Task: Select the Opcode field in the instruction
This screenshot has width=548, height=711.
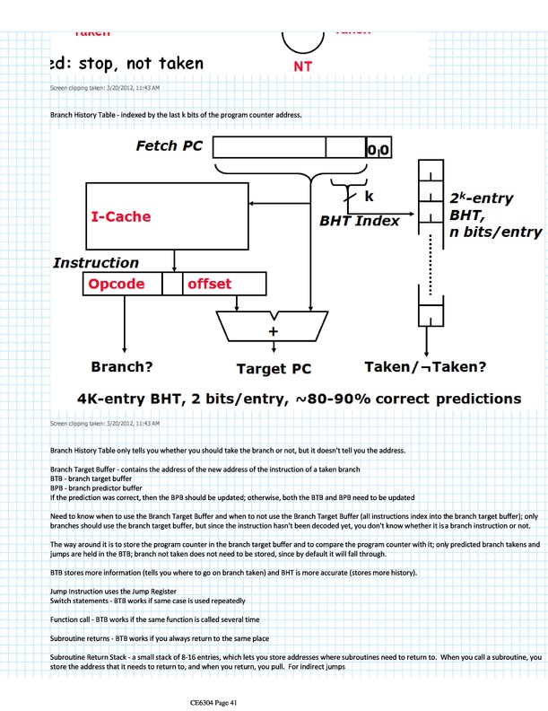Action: (121, 285)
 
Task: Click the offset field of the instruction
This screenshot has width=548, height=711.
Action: (209, 285)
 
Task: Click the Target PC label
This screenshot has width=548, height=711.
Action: (274, 368)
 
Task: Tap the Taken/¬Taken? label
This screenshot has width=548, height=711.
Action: (425, 367)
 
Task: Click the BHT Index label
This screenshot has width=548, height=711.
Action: (360, 220)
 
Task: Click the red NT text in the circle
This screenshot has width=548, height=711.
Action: (302, 66)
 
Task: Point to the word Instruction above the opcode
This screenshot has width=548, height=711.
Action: (95, 263)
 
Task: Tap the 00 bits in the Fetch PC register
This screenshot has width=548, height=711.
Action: (378, 151)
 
